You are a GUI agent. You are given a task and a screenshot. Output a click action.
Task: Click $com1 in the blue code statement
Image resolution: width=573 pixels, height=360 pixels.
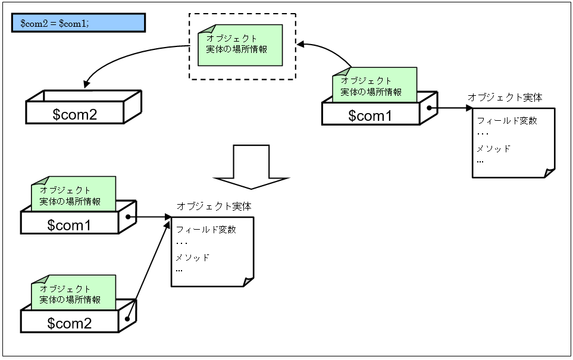pos(74,23)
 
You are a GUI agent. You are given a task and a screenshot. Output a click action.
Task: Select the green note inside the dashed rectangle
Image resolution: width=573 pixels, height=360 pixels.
pos(240,45)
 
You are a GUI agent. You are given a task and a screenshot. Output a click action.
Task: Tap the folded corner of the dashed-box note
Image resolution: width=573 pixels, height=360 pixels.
pos(204,30)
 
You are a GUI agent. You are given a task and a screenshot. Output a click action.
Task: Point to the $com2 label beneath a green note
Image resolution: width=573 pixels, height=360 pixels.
pos(70,323)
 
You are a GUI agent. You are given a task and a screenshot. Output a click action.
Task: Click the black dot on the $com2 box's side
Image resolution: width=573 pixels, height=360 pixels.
pos(128,318)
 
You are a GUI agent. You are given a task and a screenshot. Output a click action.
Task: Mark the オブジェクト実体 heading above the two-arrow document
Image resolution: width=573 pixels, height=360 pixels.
pos(214,206)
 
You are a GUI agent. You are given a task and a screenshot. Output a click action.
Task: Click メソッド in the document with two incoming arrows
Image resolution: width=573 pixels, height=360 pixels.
pos(192,258)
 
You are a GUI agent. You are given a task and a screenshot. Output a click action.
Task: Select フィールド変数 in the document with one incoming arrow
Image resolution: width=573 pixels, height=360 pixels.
pos(507,120)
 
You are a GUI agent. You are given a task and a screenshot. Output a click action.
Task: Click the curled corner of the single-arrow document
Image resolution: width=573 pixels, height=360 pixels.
pos(549,173)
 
